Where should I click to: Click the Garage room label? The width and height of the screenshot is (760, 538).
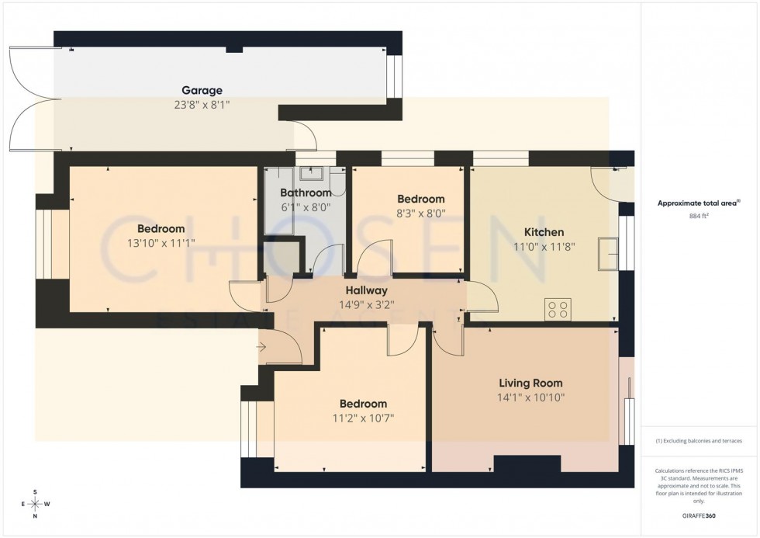[202, 90]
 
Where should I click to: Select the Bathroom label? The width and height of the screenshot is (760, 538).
[306, 193]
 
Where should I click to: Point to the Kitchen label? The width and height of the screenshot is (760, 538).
[544, 232]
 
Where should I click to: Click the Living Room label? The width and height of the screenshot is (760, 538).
[530, 383]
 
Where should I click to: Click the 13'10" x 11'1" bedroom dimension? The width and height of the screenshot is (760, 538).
[161, 242]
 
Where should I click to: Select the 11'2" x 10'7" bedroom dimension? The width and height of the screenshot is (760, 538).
[363, 418]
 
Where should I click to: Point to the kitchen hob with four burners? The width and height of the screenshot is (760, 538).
[558, 309]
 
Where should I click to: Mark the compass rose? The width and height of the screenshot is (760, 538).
[35, 504]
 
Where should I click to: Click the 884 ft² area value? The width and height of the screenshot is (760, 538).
[700, 217]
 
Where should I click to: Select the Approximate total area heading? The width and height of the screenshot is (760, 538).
[698, 203]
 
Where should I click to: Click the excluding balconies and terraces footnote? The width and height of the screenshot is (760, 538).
[699, 441]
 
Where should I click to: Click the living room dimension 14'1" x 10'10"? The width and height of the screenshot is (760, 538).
[530, 397]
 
